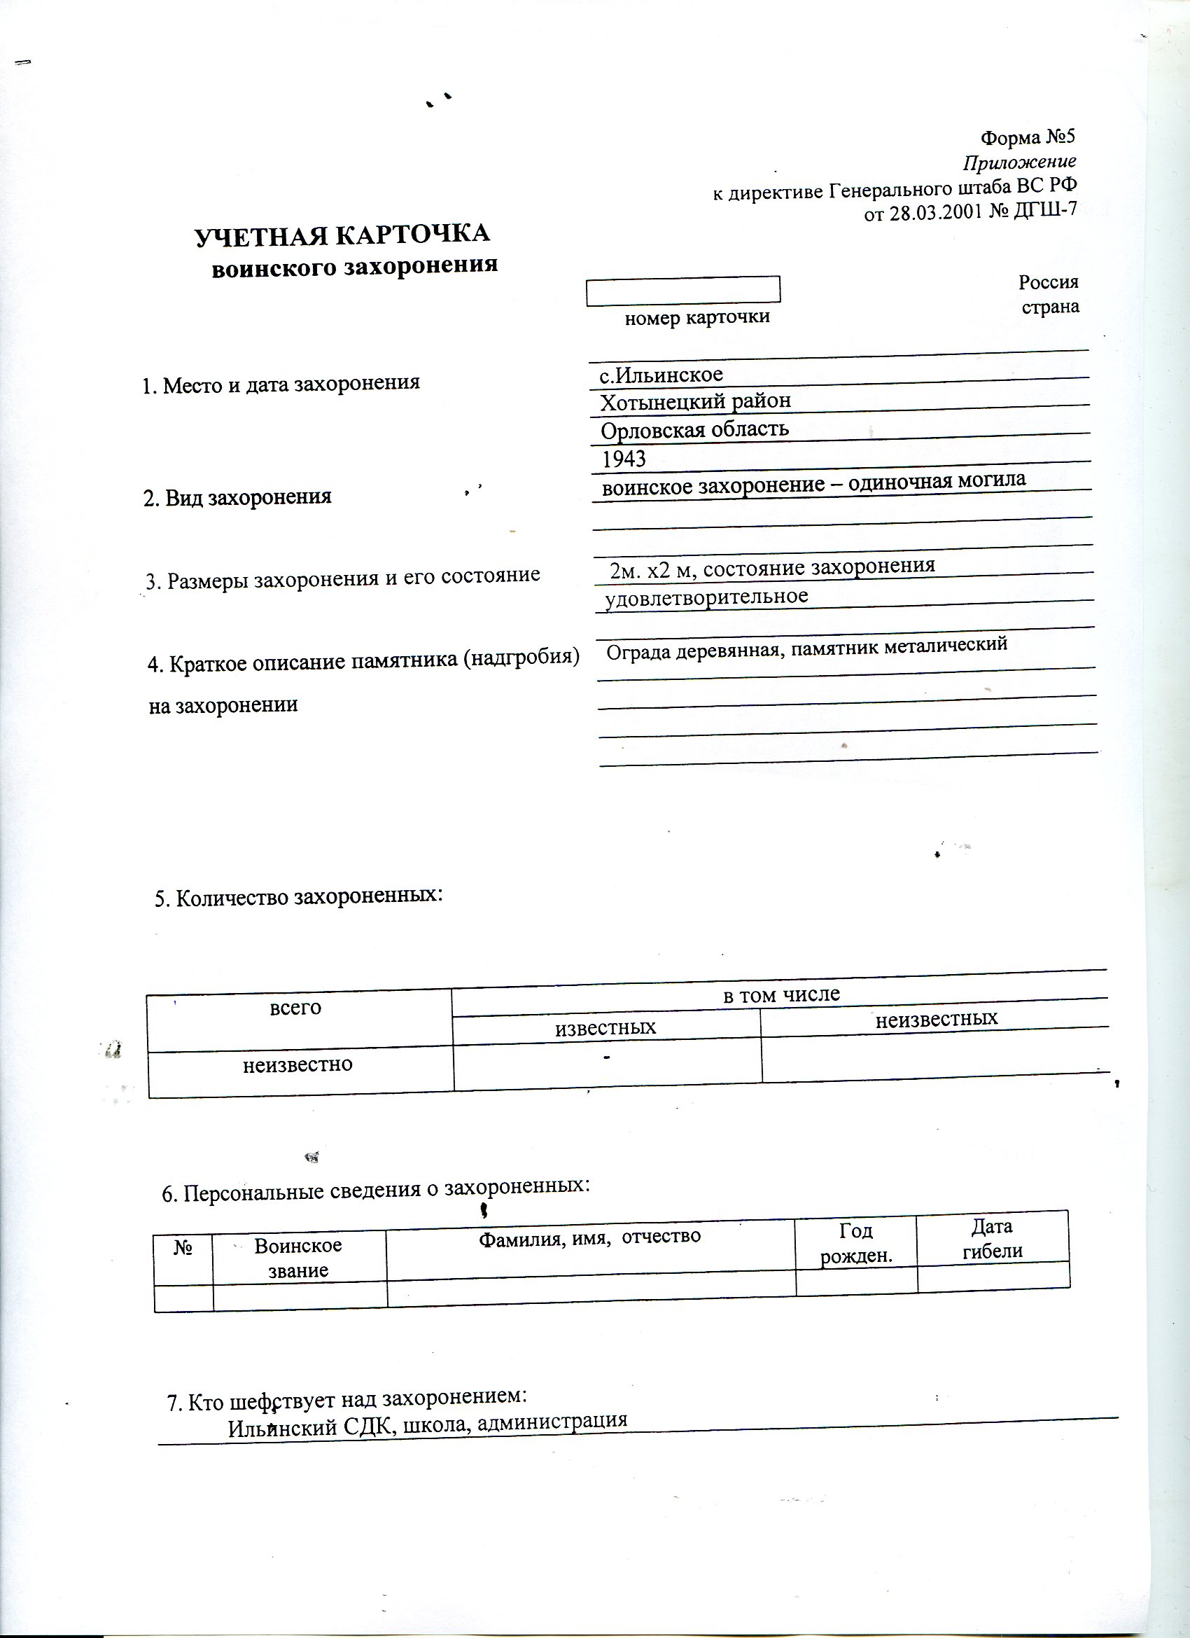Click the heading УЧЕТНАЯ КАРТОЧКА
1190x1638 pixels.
tap(342, 235)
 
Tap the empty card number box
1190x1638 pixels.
tap(682, 289)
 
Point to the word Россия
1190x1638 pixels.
tap(1048, 282)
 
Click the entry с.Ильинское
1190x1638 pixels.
tap(661, 374)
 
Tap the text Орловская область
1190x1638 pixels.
tap(694, 430)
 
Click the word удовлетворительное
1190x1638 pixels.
tap(706, 597)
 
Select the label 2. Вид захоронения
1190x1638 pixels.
tap(237, 497)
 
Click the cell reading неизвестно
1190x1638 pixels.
tap(297, 1064)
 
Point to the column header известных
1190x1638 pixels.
tap(605, 1027)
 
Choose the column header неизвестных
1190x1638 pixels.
tap(937, 1019)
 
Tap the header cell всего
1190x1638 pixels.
tap(295, 1008)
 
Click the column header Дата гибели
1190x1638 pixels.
tap(992, 1239)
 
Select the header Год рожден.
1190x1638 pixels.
tap(855, 1242)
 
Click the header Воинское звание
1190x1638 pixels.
tap(298, 1258)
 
